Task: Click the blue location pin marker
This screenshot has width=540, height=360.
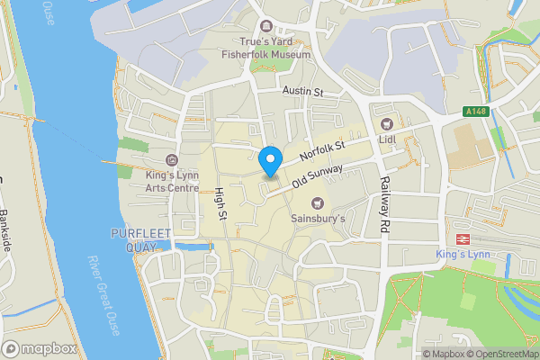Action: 269,161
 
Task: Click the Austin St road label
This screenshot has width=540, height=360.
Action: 302,92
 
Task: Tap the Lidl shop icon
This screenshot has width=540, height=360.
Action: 387,123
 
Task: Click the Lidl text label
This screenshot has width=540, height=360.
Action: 388,139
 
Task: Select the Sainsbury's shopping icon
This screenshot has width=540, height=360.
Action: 317,202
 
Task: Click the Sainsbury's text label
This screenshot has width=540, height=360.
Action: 317,218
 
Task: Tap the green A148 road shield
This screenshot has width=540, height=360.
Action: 477,112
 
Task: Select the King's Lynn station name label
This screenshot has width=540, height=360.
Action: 463,256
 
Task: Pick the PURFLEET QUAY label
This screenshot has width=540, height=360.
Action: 137,240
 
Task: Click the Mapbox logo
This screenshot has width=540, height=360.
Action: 39,348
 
